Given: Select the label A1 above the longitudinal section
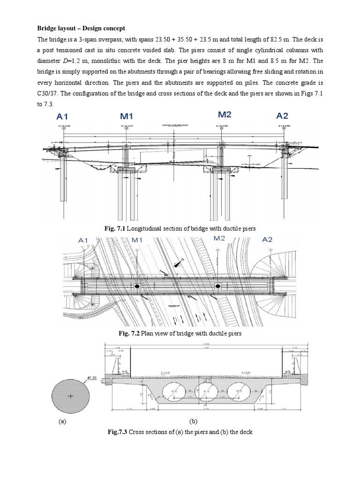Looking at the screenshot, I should pyautogui.click(x=63, y=117).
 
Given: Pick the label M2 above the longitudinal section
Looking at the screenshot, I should pyautogui.click(x=226, y=114).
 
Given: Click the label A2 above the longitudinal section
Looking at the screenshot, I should pyautogui.click(x=282, y=116).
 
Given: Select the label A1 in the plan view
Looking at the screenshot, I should pyautogui.click(x=83, y=240).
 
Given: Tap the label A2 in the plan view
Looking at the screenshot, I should pyautogui.click(x=267, y=240).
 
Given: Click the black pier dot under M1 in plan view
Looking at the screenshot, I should pyautogui.click(x=137, y=286).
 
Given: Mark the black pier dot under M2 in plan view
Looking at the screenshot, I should pyautogui.click(x=217, y=285).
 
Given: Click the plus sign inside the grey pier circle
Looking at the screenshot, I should pyautogui.click(x=71, y=396).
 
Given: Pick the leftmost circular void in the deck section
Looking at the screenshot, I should pyautogui.click(x=168, y=390).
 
